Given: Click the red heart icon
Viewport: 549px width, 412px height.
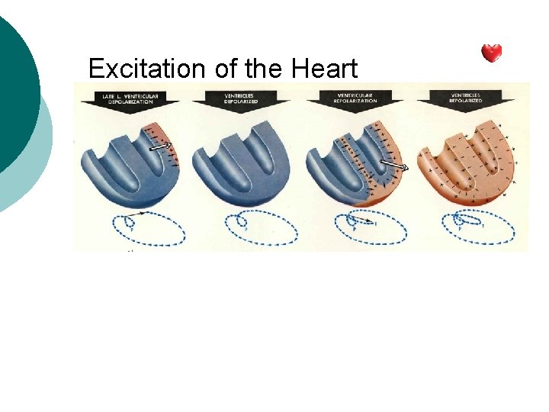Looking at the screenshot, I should pyautogui.click(x=492, y=53).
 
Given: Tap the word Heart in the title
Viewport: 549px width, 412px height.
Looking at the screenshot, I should pyautogui.click(x=324, y=69).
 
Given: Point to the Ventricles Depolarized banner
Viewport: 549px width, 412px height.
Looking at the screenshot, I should pyautogui.click(x=242, y=98).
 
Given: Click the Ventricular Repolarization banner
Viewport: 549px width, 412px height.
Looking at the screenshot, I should pyautogui.click(x=355, y=98).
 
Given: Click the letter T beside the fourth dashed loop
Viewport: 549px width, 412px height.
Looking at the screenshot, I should pyautogui.click(x=483, y=226).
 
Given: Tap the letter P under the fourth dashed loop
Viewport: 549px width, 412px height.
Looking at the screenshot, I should pyautogui.click(x=460, y=229).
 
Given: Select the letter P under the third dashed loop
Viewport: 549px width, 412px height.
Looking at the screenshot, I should pyautogui.click(x=352, y=229).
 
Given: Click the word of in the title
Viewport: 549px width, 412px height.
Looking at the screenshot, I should pyautogui.click(x=226, y=69).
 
